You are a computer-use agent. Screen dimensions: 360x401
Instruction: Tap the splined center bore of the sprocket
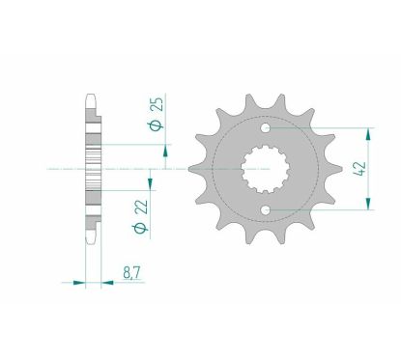(263, 165)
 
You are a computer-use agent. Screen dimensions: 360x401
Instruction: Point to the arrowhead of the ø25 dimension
(167, 149)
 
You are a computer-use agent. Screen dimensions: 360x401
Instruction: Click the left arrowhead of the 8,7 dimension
(78, 283)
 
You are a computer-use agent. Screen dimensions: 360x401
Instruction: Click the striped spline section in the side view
(93, 166)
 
